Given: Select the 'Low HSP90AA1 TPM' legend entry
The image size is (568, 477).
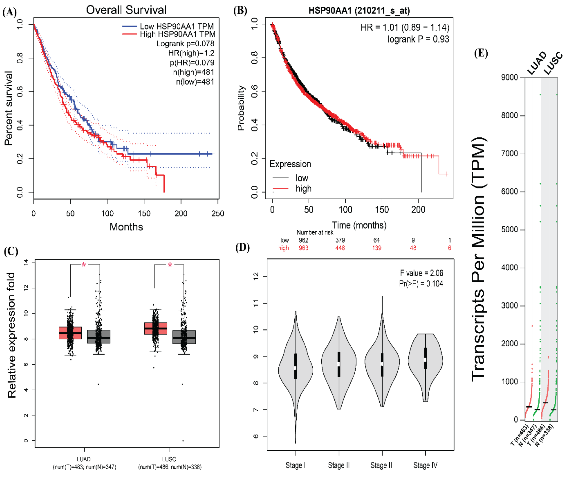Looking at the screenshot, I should (176, 26).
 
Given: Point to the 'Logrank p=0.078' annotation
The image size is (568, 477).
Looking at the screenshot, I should (185, 44).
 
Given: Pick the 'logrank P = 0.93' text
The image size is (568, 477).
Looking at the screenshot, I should (418, 39).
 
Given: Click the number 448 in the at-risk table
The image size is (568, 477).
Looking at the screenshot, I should (340, 248).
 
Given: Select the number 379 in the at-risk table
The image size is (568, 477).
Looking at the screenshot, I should (340, 240).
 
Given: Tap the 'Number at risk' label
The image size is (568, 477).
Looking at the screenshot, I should (315, 232).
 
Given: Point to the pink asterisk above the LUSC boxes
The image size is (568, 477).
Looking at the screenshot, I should (170, 265).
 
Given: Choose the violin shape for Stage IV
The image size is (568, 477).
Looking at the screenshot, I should (425, 360).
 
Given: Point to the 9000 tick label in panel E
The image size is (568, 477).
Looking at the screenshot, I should (509, 78).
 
